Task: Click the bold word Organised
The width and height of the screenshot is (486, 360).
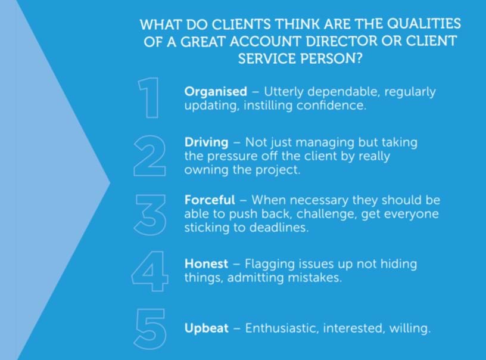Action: click(216, 92)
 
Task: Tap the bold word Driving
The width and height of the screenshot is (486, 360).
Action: click(207, 142)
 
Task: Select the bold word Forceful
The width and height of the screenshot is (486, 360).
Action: click(210, 200)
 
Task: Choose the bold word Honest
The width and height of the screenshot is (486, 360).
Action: click(206, 264)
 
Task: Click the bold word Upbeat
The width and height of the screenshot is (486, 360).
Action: click(207, 328)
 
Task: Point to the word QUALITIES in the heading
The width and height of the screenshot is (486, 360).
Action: click(424, 24)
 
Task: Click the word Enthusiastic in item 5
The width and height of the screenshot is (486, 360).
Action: click(282, 328)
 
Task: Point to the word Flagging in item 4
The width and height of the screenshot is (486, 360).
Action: click(270, 265)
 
